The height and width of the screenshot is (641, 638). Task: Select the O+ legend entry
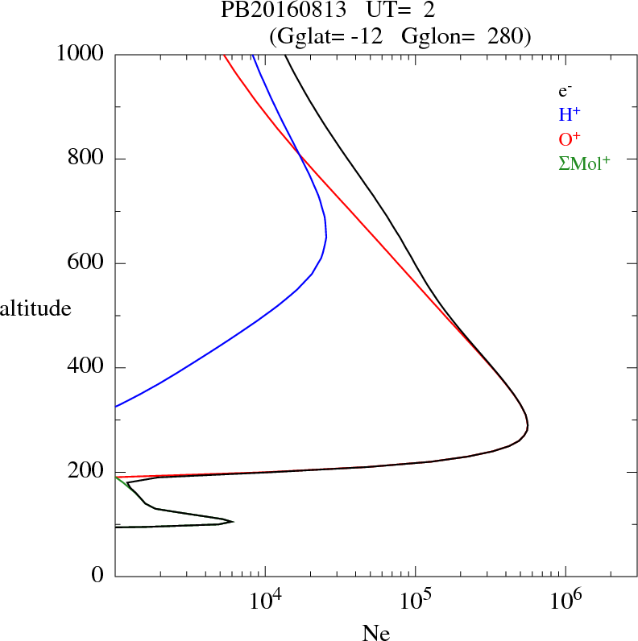[x=570, y=139]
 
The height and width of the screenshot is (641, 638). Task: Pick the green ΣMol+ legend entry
[x=584, y=163]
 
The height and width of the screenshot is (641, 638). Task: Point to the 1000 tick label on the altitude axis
[x=81, y=54]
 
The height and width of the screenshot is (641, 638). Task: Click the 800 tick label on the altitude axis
[x=87, y=159]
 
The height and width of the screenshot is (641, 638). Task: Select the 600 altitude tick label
[x=87, y=263]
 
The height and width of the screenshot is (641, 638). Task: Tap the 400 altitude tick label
[x=87, y=368]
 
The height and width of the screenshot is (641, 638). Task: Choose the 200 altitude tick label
[x=87, y=473]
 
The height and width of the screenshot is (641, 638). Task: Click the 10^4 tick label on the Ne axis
[x=266, y=601]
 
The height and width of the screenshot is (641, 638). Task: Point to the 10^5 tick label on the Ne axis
[x=415, y=601]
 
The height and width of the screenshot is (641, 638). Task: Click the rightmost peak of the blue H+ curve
[x=326, y=238]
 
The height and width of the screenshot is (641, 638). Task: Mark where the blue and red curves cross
[x=299, y=153]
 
